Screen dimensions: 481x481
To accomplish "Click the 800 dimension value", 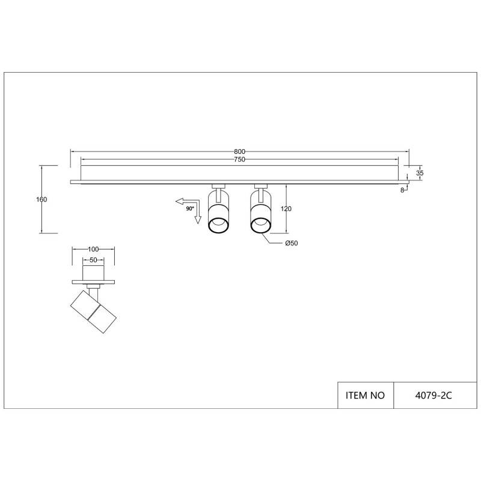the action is (x=239, y=152).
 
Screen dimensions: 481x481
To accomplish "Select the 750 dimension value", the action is (x=239, y=159).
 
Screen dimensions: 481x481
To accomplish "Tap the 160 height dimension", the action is (x=41, y=200).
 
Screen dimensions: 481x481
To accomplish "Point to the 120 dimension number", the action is (x=286, y=209).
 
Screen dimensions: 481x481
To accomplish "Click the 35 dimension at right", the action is (x=420, y=173).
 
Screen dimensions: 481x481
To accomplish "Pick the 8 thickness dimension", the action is (x=402, y=191).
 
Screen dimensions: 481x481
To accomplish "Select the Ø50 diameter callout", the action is (x=292, y=244).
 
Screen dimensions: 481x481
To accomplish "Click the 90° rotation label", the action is (x=190, y=209).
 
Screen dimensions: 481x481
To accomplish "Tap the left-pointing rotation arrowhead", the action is (x=179, y=201).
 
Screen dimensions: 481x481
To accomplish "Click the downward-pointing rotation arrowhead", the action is (x=198, y=219).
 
